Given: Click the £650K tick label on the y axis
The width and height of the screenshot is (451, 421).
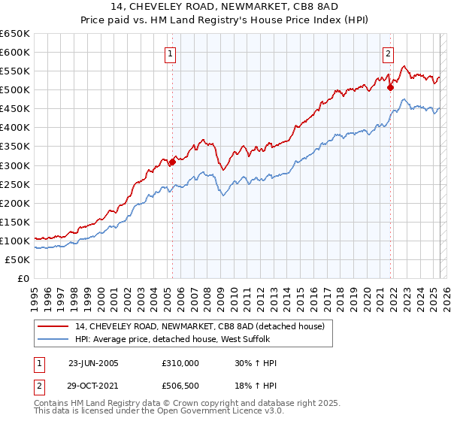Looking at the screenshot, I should [x=15, y=34].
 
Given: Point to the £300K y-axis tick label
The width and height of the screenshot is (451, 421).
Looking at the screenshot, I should [x=15, y=165].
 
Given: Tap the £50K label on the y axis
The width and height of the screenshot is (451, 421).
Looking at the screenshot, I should [x=18, y=259].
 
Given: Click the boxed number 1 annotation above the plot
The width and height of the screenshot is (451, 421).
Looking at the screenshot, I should [x=171, y=53].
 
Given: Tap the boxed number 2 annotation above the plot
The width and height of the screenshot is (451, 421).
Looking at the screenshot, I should [x=388, y=53].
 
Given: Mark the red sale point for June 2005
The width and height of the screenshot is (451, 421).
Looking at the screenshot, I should [x=172, y=161].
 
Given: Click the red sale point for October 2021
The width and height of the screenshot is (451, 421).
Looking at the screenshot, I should [x=390, y=87].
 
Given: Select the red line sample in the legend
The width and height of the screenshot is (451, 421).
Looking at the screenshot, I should [x=52, y=326].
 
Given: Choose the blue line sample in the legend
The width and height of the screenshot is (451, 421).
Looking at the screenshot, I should [x=52, y=340].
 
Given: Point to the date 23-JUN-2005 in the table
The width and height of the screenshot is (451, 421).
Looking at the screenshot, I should [x=93, y=363].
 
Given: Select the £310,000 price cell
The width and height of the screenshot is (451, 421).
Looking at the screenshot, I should [x=180, y=363].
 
